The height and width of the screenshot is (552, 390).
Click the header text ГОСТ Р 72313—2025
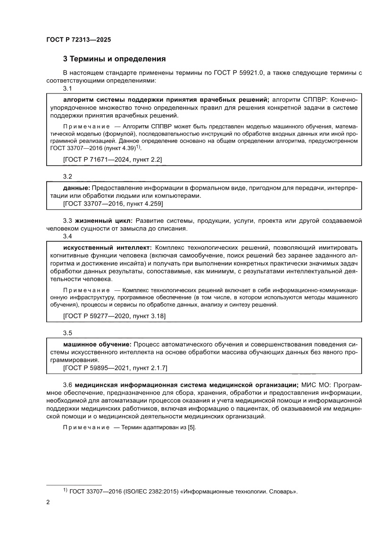[78, 40]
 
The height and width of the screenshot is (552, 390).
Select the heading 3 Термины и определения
[114, 59]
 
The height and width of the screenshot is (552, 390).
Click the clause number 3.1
[67, 89]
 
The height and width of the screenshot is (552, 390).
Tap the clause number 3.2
[67, 176]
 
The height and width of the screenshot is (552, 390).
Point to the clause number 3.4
[67, 236]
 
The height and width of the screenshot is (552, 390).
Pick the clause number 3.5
[67, 332]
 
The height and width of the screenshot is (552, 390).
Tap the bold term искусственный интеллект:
[107, 247]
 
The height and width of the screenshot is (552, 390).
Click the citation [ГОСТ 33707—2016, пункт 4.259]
[113, 204]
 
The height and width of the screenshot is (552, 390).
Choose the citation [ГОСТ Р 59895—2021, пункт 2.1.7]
[115, 367]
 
